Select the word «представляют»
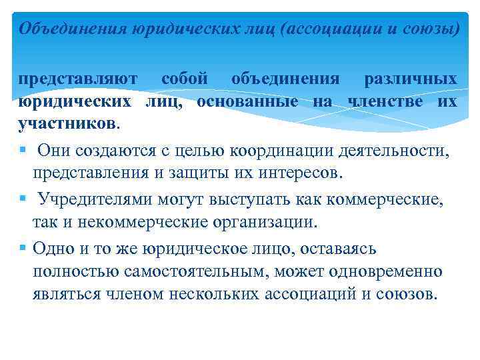(x=77, y=79)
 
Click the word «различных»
(x=410, y=79)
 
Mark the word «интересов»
(x=300, y=173)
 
